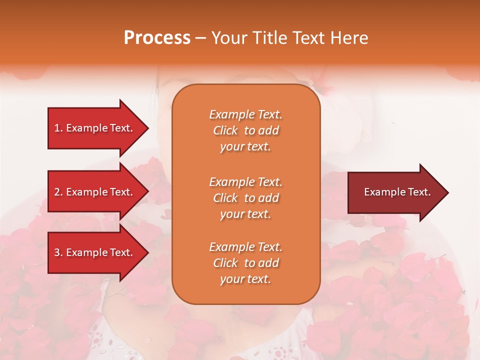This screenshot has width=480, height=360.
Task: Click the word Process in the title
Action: coord(157,38)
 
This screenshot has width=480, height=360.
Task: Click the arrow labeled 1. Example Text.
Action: coord(95,128)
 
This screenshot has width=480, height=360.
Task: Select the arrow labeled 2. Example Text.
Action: coord(95,192)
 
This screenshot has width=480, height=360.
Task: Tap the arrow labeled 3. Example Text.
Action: coord(95,252)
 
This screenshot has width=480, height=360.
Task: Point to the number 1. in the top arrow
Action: coord(58,128)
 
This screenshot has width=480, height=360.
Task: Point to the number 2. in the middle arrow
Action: coord(58,192)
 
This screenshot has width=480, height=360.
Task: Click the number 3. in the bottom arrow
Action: coord(58,252)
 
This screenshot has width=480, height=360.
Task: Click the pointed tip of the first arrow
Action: coord(146,128)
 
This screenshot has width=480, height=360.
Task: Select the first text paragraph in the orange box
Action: coord(245,130)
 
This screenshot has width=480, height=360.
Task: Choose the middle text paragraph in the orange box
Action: coord(245,198)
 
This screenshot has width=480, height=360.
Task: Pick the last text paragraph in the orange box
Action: coord(245,263)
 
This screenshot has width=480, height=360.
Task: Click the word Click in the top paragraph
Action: coord(225,130)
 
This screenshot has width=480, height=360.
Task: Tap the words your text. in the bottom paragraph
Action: coord(245,279)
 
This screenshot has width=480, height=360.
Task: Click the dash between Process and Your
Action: coord(200,38)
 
